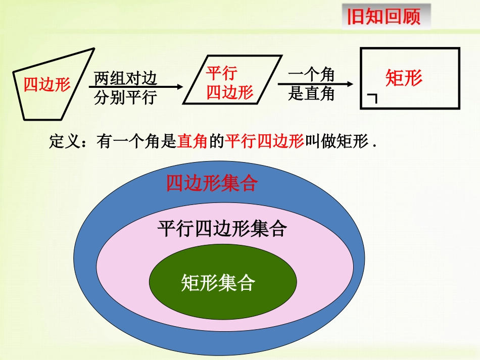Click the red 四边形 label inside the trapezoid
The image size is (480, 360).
pos(47,84)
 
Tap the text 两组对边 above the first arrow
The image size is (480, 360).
pos(126,79)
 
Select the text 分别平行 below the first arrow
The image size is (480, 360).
pos(126,96)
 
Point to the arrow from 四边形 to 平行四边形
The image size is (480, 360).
pos(136,87)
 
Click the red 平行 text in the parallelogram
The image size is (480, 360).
pos(221,73)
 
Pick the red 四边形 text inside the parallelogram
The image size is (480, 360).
pos(230,92)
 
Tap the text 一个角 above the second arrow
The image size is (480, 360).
pos(311,75)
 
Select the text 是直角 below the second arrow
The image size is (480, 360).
pos(311,93)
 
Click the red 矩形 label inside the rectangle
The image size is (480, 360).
pos(404,78)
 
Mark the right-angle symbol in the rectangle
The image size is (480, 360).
pos(372,98)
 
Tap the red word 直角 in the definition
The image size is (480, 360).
pos(193,142)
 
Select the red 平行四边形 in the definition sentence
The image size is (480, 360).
pos(264,142)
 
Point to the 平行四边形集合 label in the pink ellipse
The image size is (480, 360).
pos(222,229)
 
